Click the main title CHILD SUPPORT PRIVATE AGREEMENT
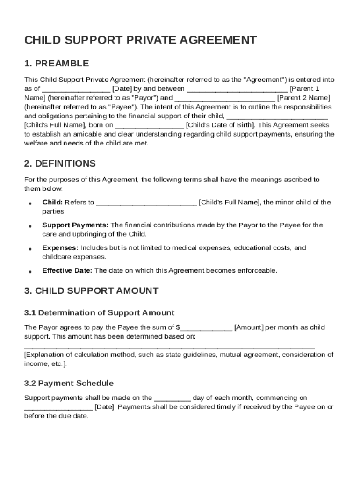140,40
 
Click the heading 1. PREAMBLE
56,64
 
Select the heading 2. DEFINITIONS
60,164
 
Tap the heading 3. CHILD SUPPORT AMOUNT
91,290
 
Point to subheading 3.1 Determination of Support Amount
99,312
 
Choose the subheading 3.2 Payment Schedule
69,383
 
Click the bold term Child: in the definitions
52,203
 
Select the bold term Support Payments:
75,225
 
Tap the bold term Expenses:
60,248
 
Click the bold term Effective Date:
67,270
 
